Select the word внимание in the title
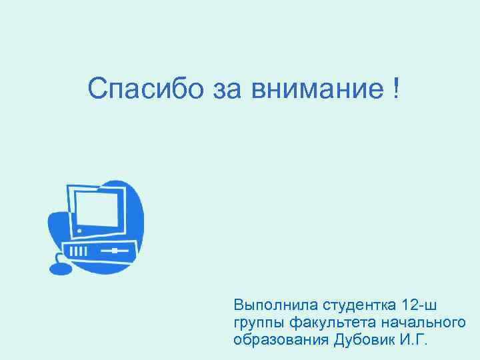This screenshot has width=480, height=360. [x=316, y=89]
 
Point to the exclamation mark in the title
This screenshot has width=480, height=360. [x=397, y=89]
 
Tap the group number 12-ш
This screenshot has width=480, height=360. [x=421, y=306]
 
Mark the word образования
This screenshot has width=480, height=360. [x=279, y=340]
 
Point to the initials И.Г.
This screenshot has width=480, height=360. [x=415, y=340]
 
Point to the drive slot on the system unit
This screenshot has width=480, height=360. [x=115, y=251]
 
